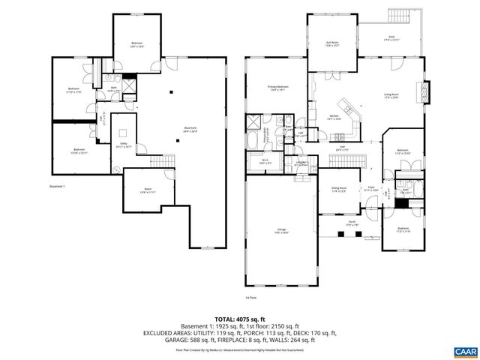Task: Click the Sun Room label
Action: [331, 44]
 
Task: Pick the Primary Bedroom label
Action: [278, 88]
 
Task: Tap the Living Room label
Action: [391, 95]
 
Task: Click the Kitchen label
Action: [335, 117]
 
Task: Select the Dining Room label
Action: [339, 189]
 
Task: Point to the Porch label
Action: [351, 222]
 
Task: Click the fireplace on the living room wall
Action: [429, 91]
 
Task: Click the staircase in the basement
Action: [159, 163]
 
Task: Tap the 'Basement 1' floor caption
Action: [58, 186]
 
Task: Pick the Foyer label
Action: [370, 189]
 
